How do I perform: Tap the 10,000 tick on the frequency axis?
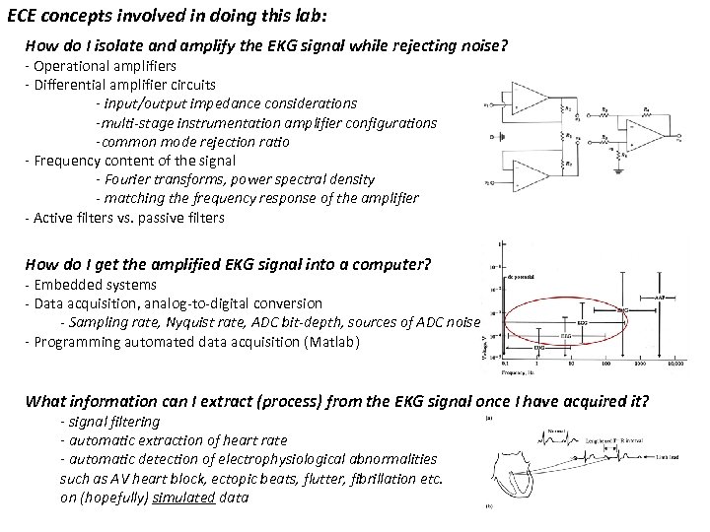pos(674,363)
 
